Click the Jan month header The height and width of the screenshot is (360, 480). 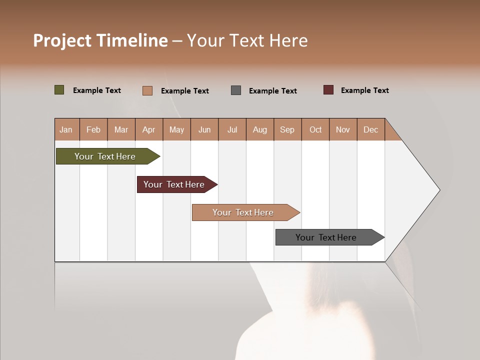(x=66, y=129)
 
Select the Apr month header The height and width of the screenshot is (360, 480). (x=149, y=129)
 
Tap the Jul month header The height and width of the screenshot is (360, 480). (x=232, y=129)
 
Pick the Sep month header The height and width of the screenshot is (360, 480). (x=287, y=129)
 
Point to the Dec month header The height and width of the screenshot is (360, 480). (x=370, y=129)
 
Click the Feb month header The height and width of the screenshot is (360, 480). (x=93, y=129)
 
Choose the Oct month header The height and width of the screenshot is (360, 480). (x=315, y=129)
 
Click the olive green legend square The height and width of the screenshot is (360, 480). (x=59, y=90)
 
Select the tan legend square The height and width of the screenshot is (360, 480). (x=147, y=90)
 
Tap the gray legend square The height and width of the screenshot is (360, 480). (x=236, y=90)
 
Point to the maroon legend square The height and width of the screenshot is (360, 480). (x=328, y=90)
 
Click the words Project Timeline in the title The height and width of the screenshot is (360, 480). (x=100, y=40)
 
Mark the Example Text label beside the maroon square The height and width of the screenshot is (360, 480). (x=364, y=90)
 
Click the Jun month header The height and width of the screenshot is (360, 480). (x=204, y=129)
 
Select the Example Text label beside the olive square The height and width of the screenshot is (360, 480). (x=97, y=90)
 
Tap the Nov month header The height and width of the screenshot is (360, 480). (x=343, y=129)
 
